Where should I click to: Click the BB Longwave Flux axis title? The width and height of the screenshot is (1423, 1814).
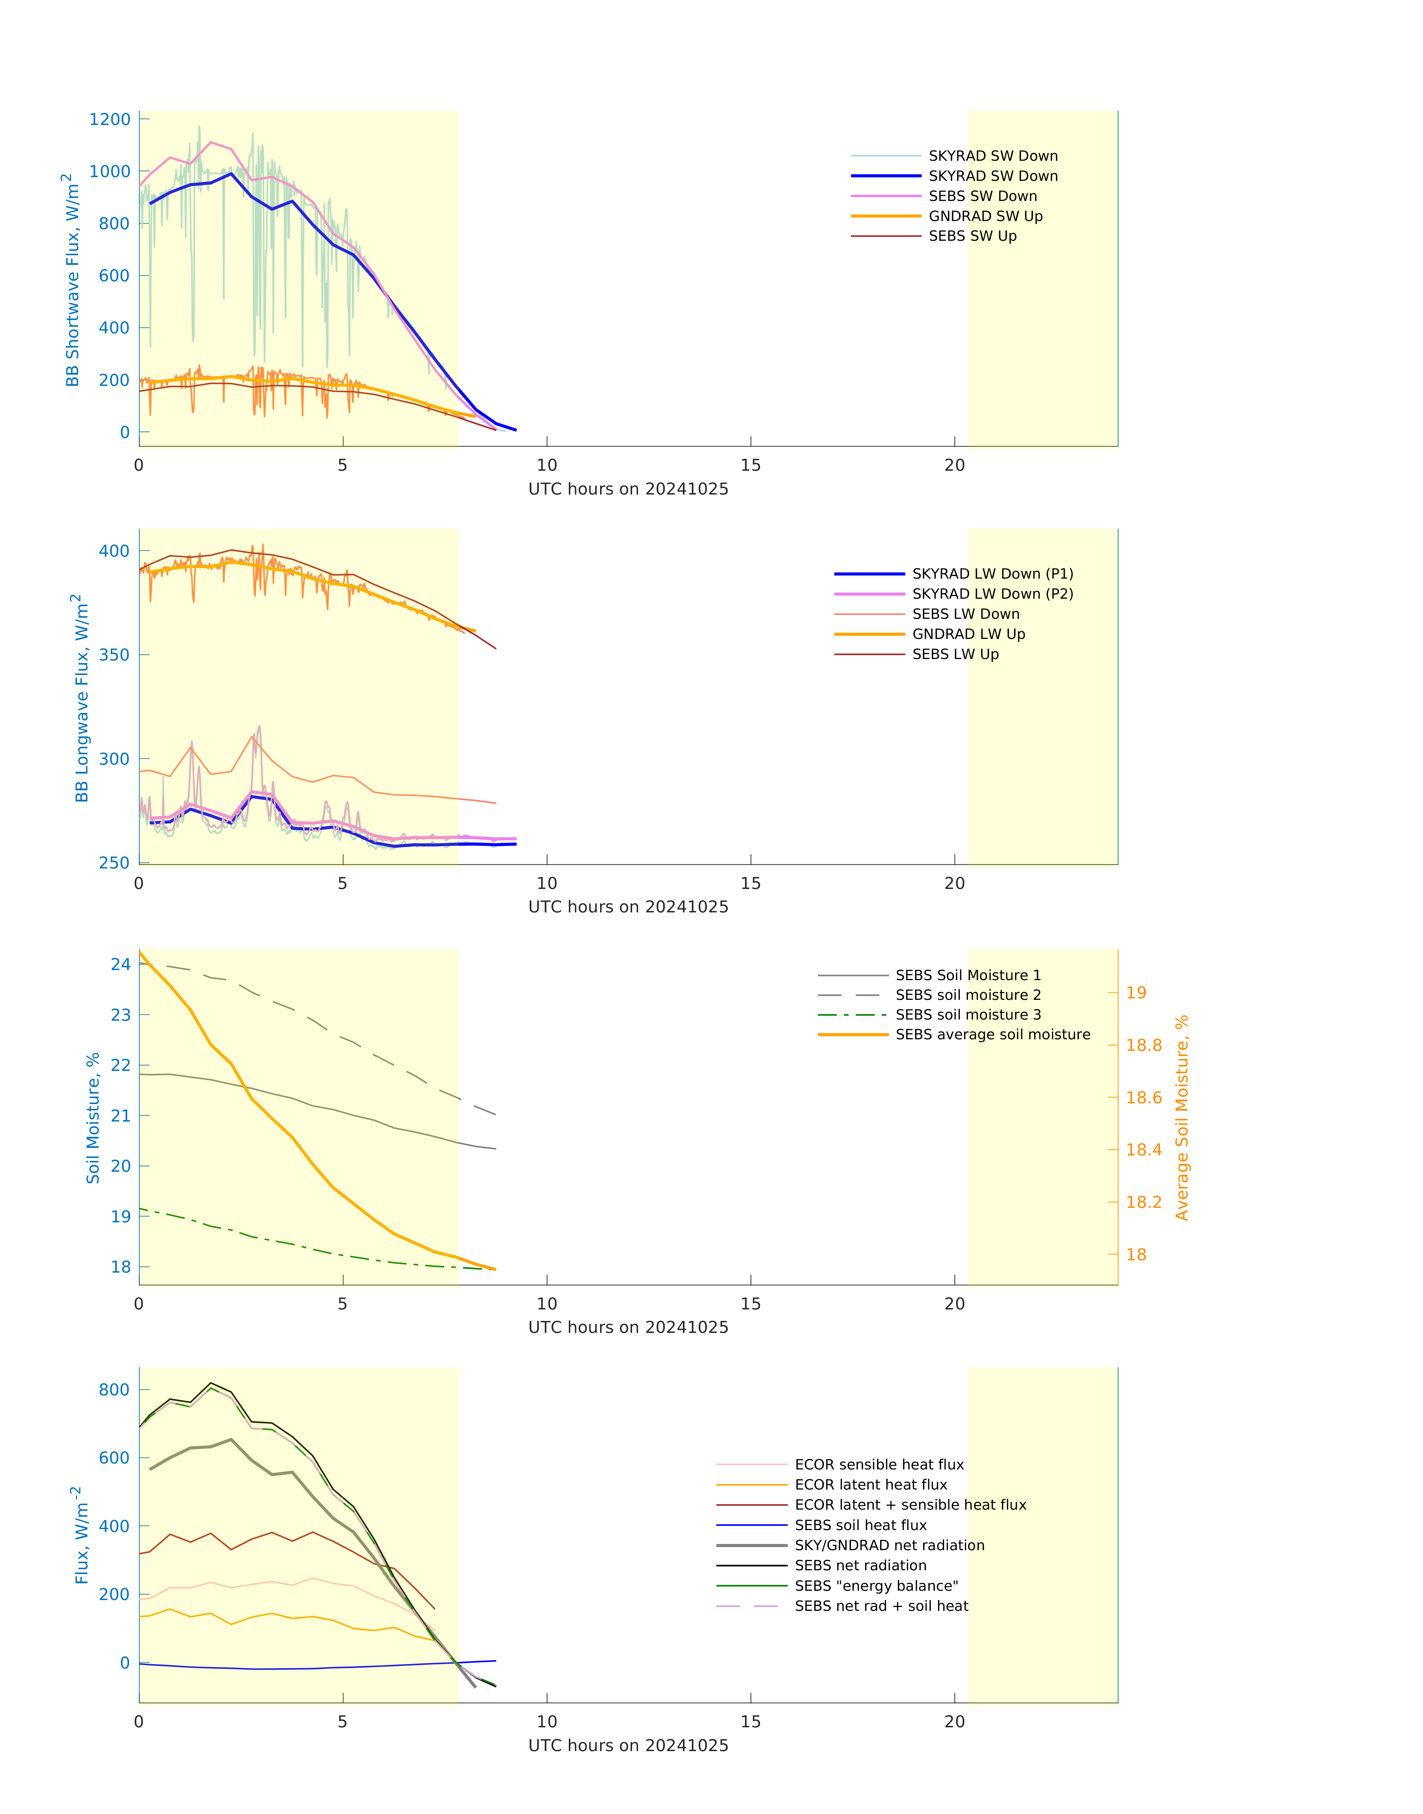81,698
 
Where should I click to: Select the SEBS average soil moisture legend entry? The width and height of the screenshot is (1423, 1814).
992,1035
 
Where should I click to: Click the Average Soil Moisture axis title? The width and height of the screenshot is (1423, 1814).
1182,1118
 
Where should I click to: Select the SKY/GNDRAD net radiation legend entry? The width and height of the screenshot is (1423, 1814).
889,1546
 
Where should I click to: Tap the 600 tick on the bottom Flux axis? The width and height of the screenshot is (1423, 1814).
114,1458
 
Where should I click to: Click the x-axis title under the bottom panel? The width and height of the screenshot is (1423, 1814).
628,1746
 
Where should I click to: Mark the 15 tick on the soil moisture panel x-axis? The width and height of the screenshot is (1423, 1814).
751,1304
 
